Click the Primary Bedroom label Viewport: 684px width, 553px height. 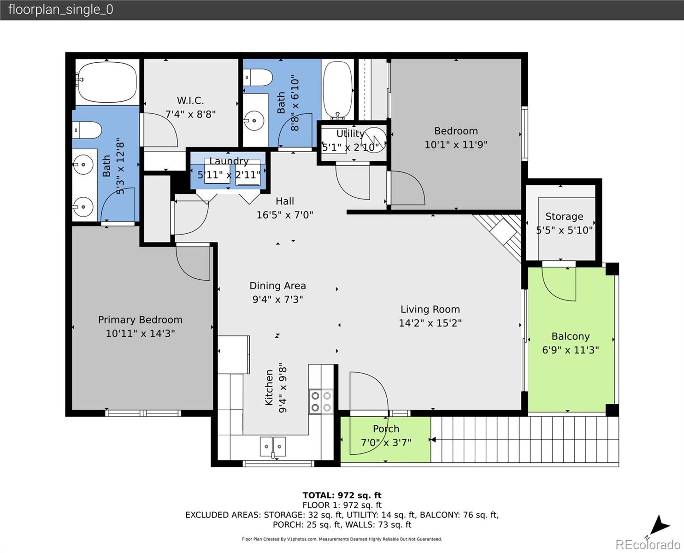(140, 320)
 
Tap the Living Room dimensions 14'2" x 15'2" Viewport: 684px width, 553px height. (430, 323)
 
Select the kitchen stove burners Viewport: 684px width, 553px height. (321, 401)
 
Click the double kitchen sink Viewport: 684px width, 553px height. (273, 446)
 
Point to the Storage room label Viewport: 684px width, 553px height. (564, 217)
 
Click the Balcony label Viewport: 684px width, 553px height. (571, 336)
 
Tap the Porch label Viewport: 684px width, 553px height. (386, 429)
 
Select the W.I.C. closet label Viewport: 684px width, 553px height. (190, 100)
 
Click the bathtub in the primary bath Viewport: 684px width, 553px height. (106, 82)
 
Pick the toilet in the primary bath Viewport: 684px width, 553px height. (87, 130)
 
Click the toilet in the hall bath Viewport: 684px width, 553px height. (258, 77)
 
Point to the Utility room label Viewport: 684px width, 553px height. (350, 134)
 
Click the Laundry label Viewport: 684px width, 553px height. (229, 161)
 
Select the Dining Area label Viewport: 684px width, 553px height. (277, 286)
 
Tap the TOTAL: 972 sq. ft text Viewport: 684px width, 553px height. (342, 495)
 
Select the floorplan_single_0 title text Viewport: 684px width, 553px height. (60, 10)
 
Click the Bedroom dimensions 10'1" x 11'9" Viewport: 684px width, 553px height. (456, 145)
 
